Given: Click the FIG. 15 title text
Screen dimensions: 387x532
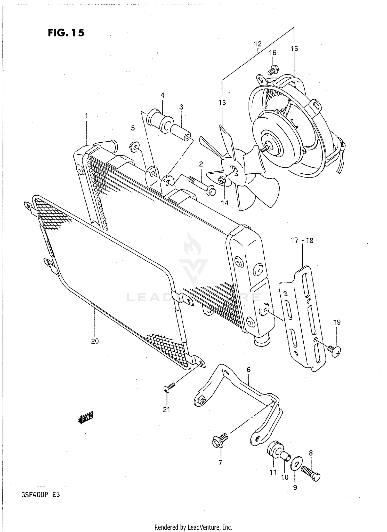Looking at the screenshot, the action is coord(66,33).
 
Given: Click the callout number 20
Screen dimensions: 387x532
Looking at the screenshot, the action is coord(95,341).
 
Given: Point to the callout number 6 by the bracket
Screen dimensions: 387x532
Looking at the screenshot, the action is coord(248,370).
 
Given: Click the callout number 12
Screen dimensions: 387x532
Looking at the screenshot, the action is coord(257,44).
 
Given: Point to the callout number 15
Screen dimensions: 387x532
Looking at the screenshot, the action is coord(294,49).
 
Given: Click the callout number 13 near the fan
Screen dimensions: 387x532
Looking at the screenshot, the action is coord(222,103).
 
